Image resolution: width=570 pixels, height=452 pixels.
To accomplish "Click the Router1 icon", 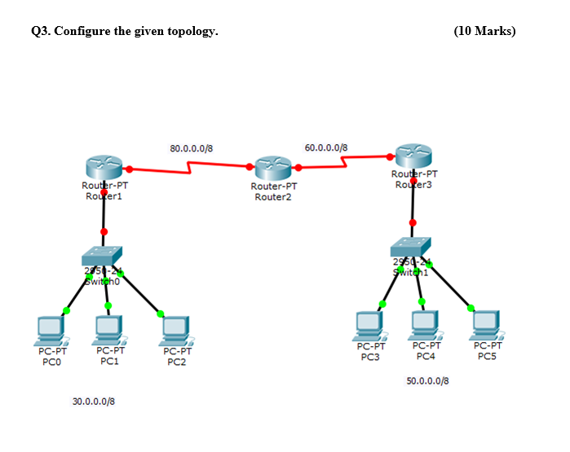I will pyautogui.click(x=104, y=168).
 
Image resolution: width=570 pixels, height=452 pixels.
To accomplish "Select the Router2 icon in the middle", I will pyautogui.click(x=272, y=169).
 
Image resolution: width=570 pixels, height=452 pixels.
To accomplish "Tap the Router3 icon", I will pyautogui.click(x=413, y=156).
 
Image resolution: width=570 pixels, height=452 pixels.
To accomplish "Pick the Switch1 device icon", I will pyautogui.click(x=411, y=247).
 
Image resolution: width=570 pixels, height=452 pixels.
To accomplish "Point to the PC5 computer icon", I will pyautogui.click(x=486, y=324).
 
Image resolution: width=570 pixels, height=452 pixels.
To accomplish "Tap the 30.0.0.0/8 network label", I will pyautogui.click(x=94, y=402).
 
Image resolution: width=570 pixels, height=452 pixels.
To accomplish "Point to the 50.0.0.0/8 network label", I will pyautogui.click(x=427, y=380).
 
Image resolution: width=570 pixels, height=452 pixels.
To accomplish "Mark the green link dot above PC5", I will pyautogui.click(x=471, y=308).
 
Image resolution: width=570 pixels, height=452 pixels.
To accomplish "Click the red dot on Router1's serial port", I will pyautogui.click(x=129, y=169).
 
